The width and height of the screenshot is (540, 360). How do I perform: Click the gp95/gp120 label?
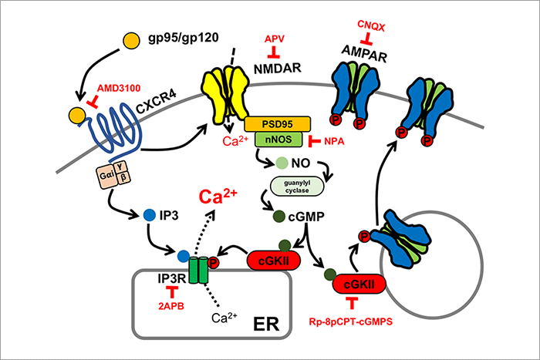pyautogui.click(x=184, y=37)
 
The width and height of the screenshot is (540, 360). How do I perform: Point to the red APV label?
pyautogui.click(x=274, y=38)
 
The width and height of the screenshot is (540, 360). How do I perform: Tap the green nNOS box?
pyautogui.click(x=277, y=139)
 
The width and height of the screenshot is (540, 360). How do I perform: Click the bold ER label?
pyautogui.click(x=265, y=318)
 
